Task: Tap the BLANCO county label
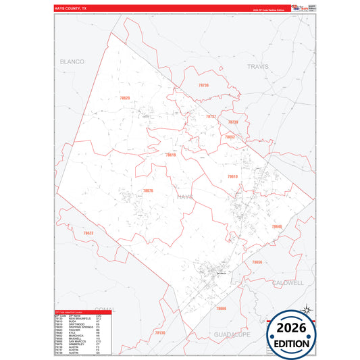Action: point(72,61)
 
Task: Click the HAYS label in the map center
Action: point(185,196)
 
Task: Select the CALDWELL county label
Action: point(288,282)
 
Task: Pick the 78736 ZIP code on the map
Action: point(203,86)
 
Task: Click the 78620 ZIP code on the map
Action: point(124,98)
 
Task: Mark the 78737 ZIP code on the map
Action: point(211,116)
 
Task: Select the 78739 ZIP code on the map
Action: point(233,122)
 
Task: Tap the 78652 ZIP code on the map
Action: point(230,137)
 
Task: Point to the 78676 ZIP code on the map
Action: point(147,190)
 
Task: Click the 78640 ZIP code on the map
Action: point(276,226)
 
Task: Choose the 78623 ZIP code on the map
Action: point(88,233)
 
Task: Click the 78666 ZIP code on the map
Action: point(221,308)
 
